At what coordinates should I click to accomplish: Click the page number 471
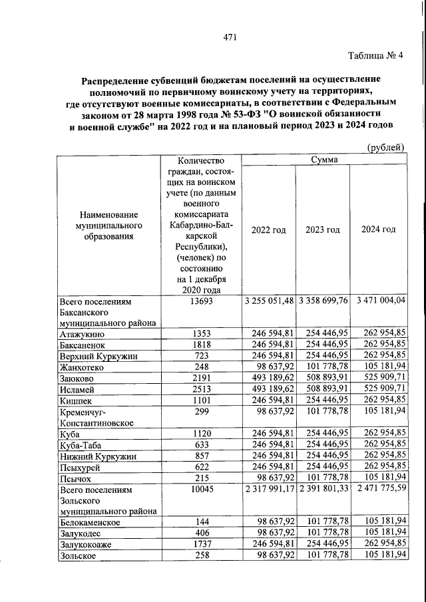231,37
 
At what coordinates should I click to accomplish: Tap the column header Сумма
324,160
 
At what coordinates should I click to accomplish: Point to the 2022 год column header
269,229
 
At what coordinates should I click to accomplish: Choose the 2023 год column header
323,229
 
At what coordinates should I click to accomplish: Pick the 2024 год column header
378,229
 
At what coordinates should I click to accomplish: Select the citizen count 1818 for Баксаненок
201,345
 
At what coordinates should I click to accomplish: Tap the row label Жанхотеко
84,367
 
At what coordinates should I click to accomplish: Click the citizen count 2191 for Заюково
201,378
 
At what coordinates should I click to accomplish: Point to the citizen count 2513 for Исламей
201,390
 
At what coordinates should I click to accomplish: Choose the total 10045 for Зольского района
201,489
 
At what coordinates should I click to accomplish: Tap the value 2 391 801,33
323,489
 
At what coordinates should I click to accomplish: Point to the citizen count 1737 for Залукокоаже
201,545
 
